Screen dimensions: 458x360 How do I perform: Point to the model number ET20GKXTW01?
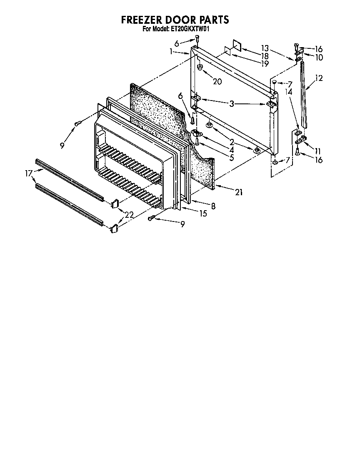pyautogui.click(x=190, y=29)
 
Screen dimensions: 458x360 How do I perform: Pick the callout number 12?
pyautogui.click(x=319, y=78)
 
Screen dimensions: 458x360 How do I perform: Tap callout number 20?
pyautogui.click(x=217, y=81)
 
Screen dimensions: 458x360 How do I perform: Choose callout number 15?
pyautogui.click(x=203, y=214)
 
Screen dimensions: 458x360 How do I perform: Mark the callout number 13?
pyautogui.click(x=265, y=48)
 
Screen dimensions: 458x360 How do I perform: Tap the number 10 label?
pyautogui.click(x=319, y=58)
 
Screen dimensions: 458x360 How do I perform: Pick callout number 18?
pyautogui.click(x=265, y=55)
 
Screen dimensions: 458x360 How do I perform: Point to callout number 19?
pyautogui.click(x=265, y=63)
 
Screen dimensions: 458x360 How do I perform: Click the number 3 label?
pyautogui.click(x=232, y=103)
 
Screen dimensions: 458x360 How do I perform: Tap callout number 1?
pyautogui.click(x=171, y=51)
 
